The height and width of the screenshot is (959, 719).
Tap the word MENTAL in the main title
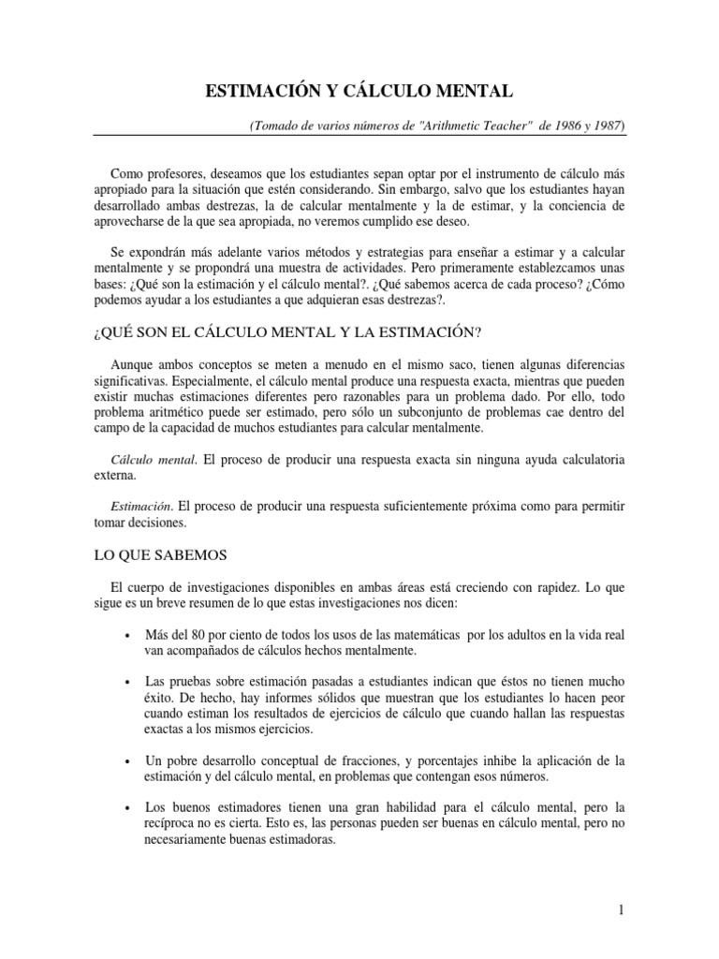[474, 91]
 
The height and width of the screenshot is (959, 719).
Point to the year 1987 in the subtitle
[603, 125]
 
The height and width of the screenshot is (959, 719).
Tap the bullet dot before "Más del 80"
[126, 636]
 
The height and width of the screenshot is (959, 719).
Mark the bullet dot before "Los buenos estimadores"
[126, 807]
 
